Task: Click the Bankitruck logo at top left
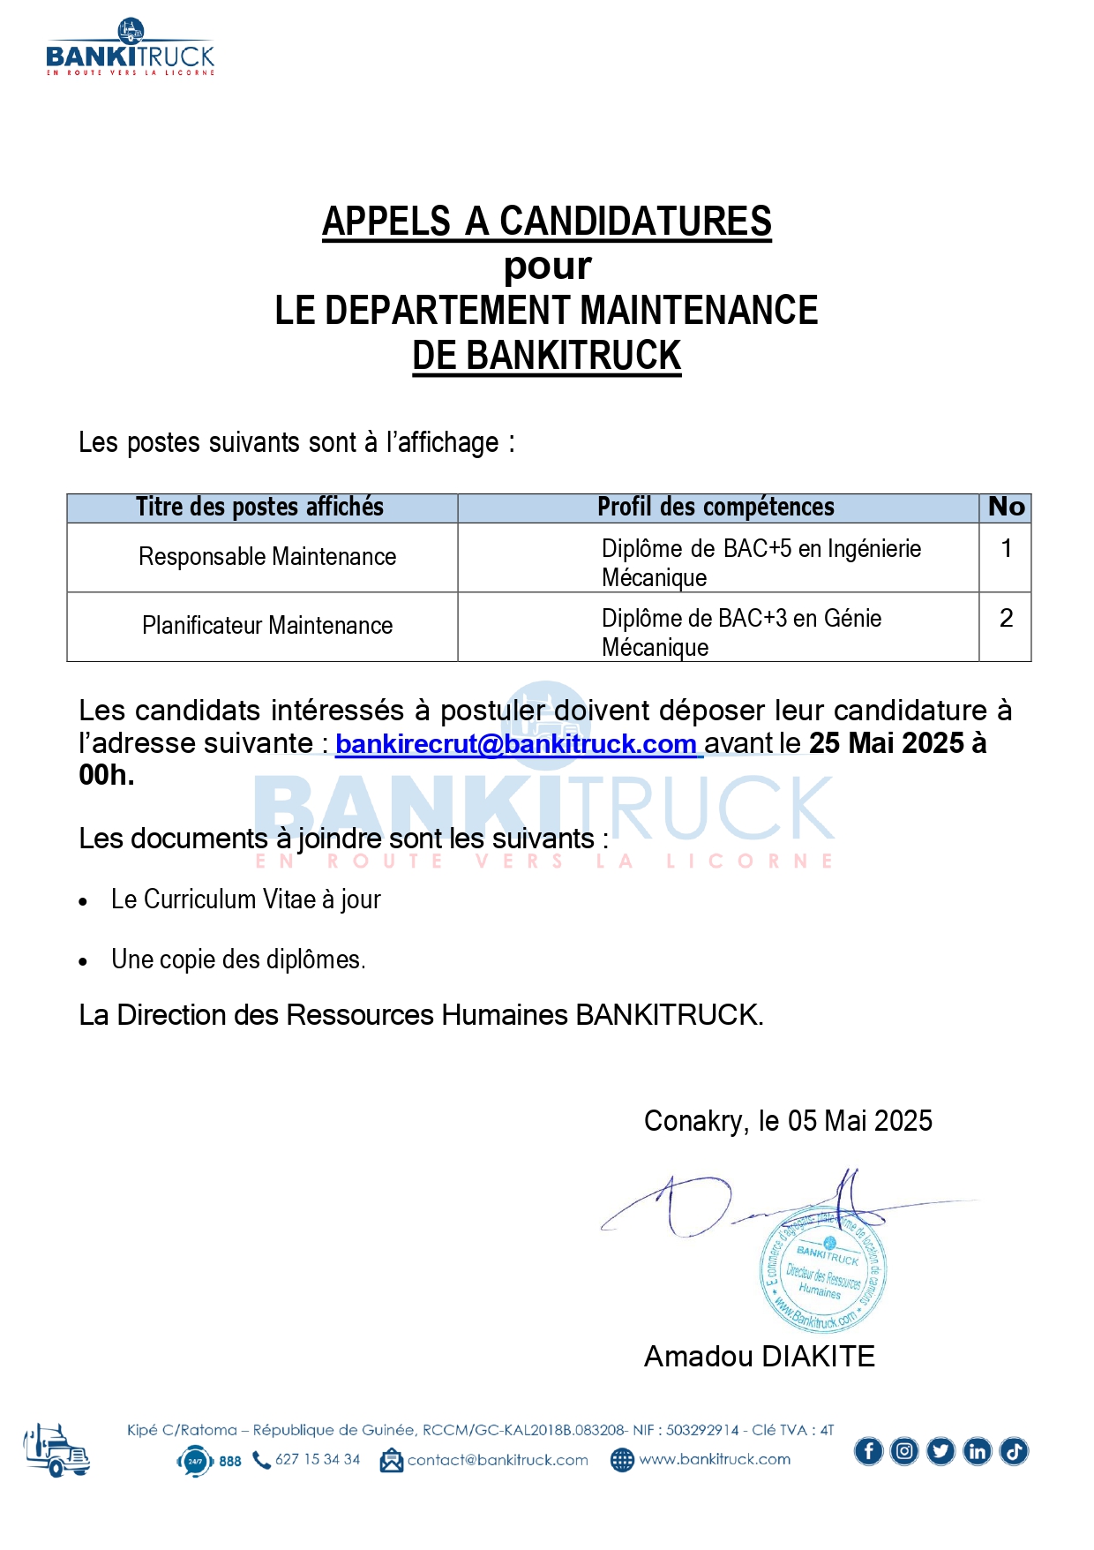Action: [131, 49]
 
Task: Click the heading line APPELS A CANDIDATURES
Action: [546, 222]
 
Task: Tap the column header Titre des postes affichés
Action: [260, 508]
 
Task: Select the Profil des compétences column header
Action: [716, 508]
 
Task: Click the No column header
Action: [1006, 508]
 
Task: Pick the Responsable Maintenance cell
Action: [267, 557]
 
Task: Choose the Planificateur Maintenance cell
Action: [267, 626]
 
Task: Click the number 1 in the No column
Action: [1006, 549]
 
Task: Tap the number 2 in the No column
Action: [1006, 618]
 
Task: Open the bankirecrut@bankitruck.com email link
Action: [516, 744]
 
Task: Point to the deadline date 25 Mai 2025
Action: [886, 743]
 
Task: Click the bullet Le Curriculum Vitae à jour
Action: [245, 899]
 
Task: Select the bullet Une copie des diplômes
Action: [238, 959]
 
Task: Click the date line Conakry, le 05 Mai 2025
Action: [788, 1121]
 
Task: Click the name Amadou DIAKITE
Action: [759, 1356]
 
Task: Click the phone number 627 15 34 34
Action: [317, 1459]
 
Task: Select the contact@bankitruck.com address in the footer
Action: [497, 1460]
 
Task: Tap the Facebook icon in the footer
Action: [868, 1451]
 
